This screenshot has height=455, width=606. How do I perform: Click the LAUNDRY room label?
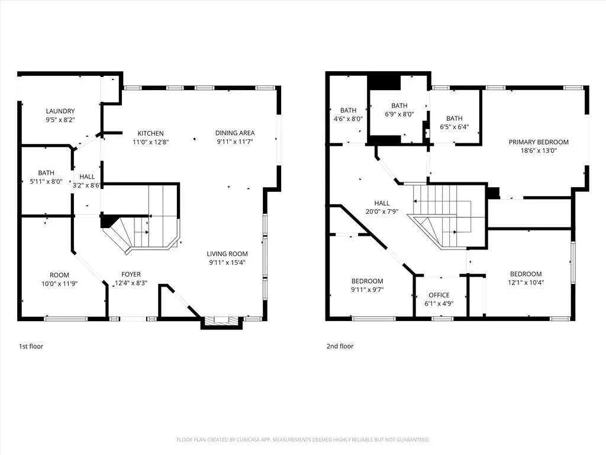point(60,111)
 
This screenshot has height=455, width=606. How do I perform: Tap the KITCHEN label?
point(151,133)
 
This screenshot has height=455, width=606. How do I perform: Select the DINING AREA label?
point(235,133)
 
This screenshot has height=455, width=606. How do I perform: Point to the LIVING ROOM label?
point(227,254)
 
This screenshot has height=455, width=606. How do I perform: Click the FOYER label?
point(131,274)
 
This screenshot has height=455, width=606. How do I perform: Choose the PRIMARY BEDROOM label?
point(539,142)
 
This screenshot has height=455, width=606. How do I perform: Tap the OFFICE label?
point(439,295)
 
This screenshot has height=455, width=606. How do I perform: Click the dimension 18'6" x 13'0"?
point(539,150)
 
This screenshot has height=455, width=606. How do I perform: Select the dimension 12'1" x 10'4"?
point(526,283)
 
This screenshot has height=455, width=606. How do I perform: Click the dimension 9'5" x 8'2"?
point(60,120)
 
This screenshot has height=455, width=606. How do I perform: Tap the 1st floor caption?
point(31,346)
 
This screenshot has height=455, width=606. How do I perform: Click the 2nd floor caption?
point(340,346)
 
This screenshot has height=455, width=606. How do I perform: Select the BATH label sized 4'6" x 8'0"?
point(349,110)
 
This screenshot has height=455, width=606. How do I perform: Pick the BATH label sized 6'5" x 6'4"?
point(454,118)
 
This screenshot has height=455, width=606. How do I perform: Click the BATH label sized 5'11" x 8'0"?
point(46,173)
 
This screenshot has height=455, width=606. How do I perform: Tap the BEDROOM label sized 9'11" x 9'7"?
point(367,281)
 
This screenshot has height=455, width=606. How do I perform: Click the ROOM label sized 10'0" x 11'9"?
point(59,275)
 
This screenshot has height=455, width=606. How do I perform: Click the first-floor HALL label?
point(87,177)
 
